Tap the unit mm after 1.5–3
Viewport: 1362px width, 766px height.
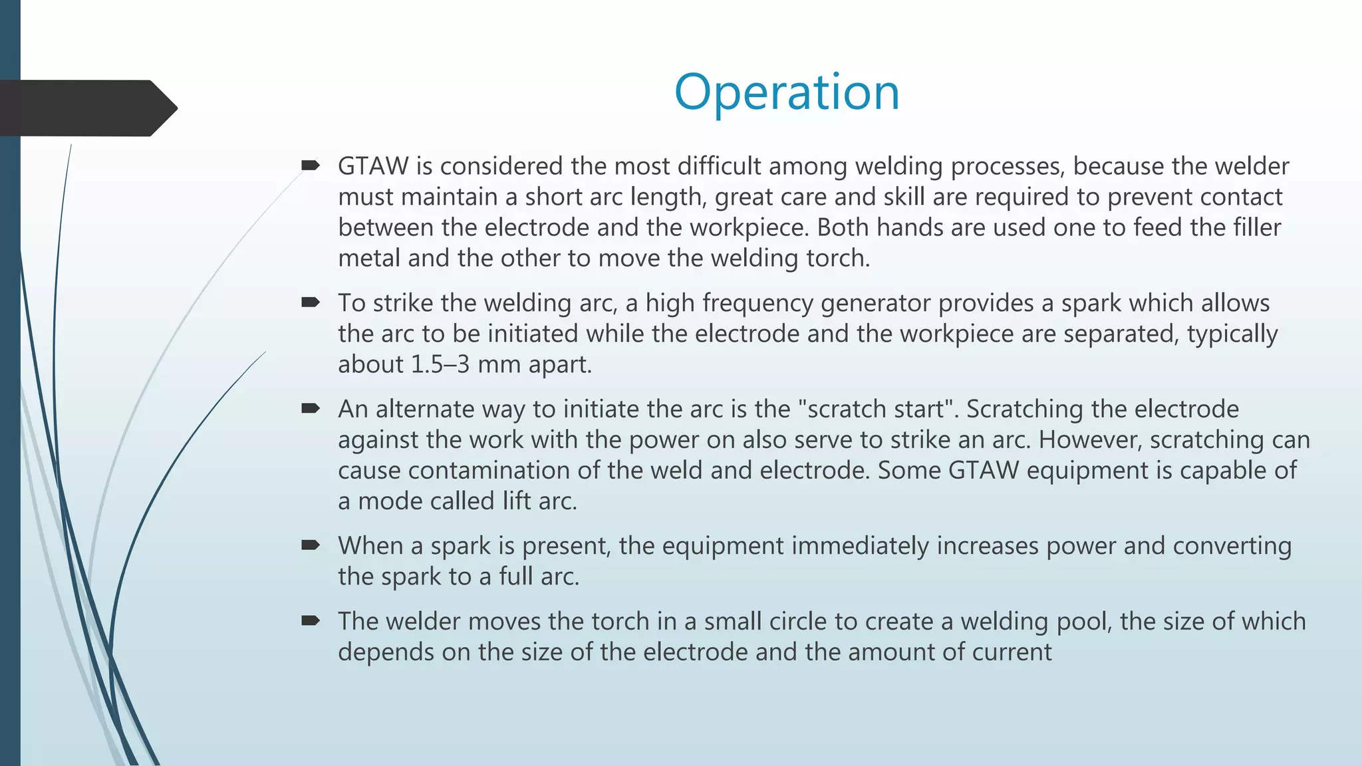pyautogui.click(x=499, y=364)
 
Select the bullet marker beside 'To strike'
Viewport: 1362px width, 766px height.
pyautogui.click(x=311, y=303)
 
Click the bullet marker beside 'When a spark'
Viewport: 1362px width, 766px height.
pyautogui.click(x=311, y=545)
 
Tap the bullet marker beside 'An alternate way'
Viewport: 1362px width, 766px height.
pyautogui.click(x=311, y=408)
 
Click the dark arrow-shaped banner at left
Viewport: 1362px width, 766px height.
pyautogui.click(x=86, y=108)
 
